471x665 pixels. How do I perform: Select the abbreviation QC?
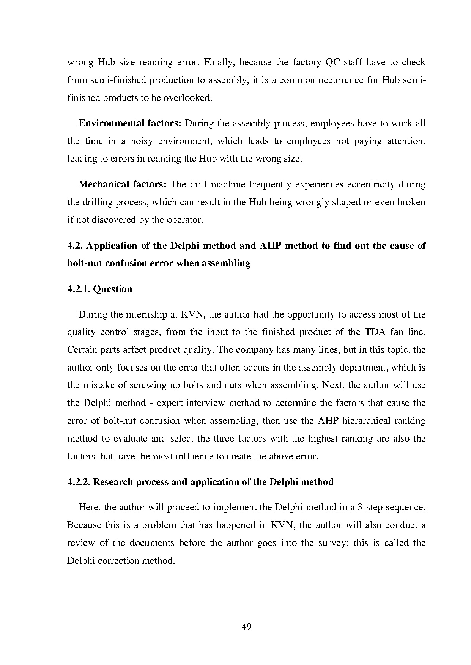click(x=333, y=62)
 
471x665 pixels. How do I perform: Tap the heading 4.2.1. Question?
click(x=100, y=289)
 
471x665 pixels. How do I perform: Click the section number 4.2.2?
click(x=79, y=482)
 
